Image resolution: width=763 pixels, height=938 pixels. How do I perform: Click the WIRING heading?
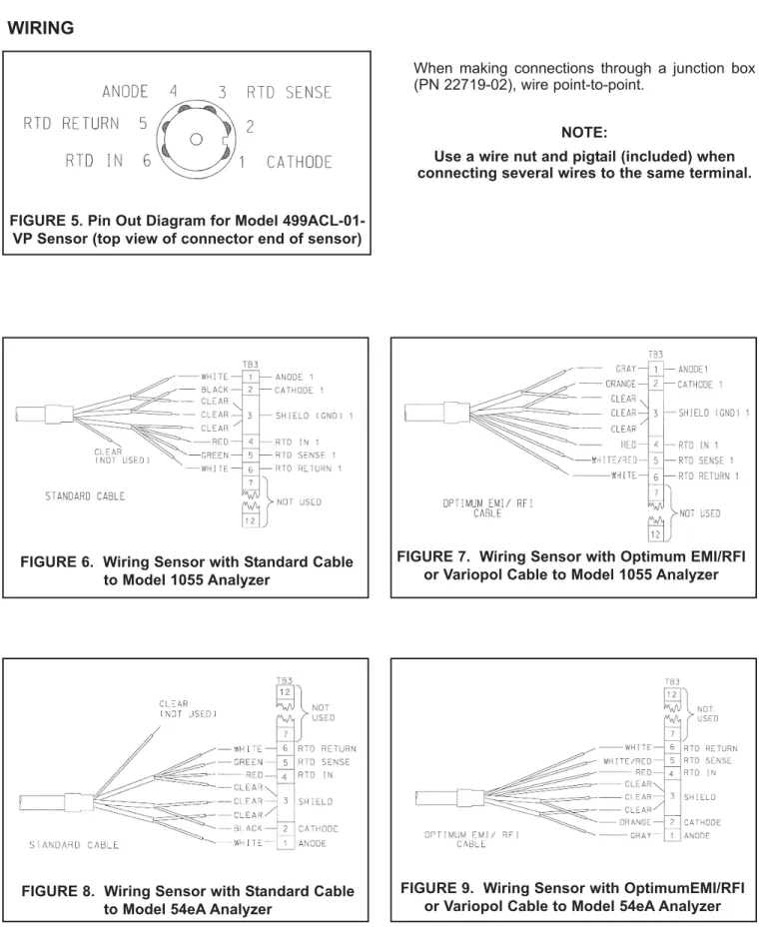click(41, 28)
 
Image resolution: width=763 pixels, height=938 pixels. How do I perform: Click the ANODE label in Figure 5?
click(125, 92)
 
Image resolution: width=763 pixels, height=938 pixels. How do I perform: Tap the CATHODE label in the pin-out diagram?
click(299, 162)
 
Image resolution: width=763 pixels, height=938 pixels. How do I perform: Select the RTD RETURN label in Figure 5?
click(71, 123)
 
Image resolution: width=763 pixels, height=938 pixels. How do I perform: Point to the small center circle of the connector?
click(196, 140)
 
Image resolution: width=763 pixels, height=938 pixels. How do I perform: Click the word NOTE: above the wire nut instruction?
click(584, 132)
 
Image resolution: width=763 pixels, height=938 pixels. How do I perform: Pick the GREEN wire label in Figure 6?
click(215, 456)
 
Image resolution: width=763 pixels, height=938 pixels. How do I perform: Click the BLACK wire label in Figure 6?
click(215, 390)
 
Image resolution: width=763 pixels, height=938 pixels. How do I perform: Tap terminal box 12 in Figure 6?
click(251, 521)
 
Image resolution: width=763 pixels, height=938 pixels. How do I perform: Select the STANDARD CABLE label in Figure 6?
click(85, 495)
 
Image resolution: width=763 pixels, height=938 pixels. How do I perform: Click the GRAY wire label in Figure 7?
click(626, 369)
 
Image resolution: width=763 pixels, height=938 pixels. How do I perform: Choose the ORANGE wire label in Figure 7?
click(620, 384)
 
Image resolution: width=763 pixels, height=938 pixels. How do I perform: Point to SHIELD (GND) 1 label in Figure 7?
click(714, 413)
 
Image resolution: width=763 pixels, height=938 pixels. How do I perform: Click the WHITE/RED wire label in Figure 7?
click(614, 461)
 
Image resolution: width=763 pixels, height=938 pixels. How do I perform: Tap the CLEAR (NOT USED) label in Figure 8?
click(188, 709)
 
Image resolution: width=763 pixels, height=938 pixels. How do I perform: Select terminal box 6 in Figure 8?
click(286, 748)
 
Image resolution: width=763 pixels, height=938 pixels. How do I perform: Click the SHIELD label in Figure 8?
click(316, 801)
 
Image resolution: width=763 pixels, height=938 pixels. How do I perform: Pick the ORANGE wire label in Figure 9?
click(635, 822)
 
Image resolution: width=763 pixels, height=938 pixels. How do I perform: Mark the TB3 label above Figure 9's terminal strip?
click(672, 681)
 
